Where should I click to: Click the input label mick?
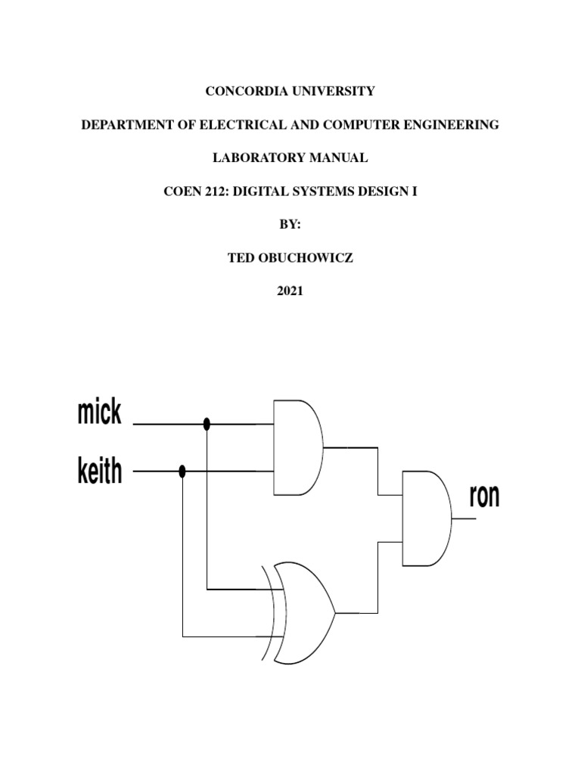[99, 413]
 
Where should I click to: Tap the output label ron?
[484, 496]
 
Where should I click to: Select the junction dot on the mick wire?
[207, 425]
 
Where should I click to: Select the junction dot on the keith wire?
[182, 472]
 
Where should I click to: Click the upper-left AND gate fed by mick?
[297, 448]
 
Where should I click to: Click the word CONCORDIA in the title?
[244, 92]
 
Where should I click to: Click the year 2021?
[290, 291]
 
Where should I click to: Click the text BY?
[290, 225]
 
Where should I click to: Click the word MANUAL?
[342, 158]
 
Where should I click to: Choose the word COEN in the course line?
[180, 191]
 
